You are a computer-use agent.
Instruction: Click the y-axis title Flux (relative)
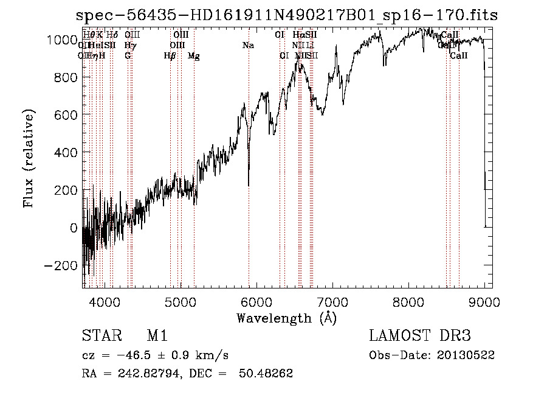tap(29, 159)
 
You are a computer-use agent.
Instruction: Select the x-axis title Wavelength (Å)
tap(286, 318)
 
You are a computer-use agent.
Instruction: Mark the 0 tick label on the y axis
tap(74, 228)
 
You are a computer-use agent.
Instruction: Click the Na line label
tap(248, 45)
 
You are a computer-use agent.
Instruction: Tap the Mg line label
tap(193, 56)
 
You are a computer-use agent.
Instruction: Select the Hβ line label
tap(170, 56)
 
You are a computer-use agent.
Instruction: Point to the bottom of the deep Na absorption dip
tap(249, 185)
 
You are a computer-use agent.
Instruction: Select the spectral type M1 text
tap(157, 336)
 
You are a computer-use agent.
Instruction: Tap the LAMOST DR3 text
tap(420, 336)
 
